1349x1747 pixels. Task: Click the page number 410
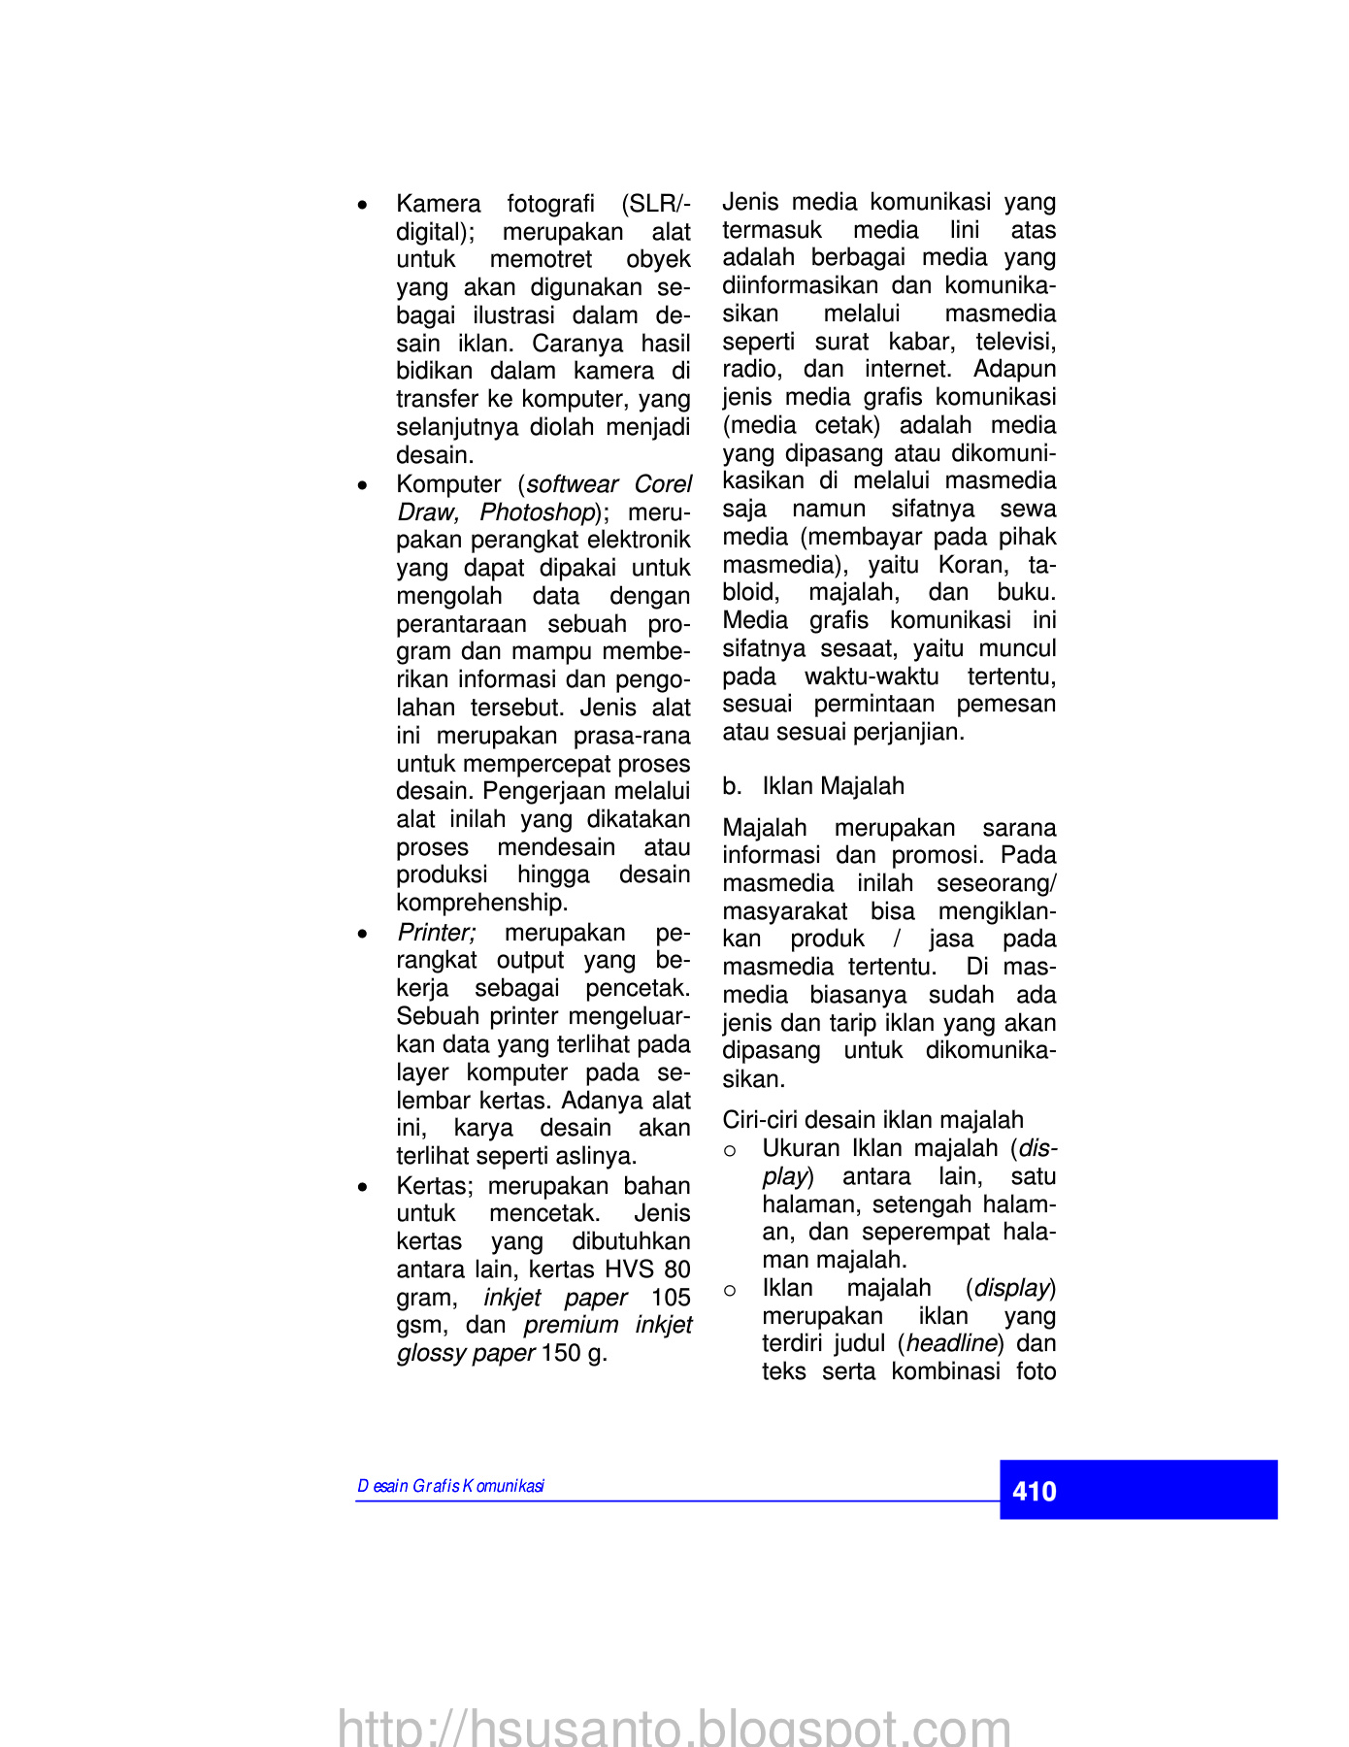pyautogui.click(x=1034, y=1491)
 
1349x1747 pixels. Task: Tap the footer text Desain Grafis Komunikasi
pyautogui.click(x=450, y=1486)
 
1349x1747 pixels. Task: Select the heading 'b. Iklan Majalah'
pyautogui.click(x=813, y=786)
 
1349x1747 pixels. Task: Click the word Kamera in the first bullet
pyautogui.click(x=438, y=204)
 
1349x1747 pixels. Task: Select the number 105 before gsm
pyautogui.click(x=670, y=1298)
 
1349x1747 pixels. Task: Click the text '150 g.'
pyautogui.click(x=575, y=1353)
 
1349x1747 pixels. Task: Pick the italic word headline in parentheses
pyautogui.click(x=951, y=1343)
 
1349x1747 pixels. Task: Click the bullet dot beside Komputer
pyautogui.click(x=362, y=485)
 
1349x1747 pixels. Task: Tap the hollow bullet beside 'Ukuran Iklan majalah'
pyautogui.click(x=730, y=1150)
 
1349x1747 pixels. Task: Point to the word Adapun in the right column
pyautogui.click(x=1014, y=369)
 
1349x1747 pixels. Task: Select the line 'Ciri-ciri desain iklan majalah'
pyautogui.click(x=872, y=1120)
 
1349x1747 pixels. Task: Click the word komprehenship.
pyautogui.click(x=481, y=903)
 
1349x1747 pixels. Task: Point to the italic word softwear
pyautogui.click(x=573, y=484)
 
